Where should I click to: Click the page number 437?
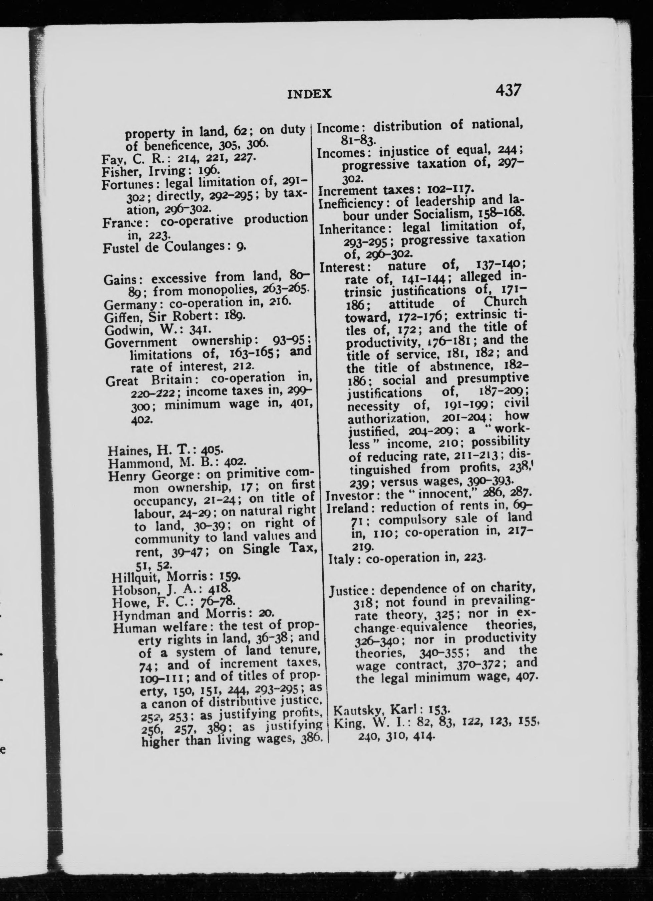pos(508,90)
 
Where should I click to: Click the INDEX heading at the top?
pos(309,94)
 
